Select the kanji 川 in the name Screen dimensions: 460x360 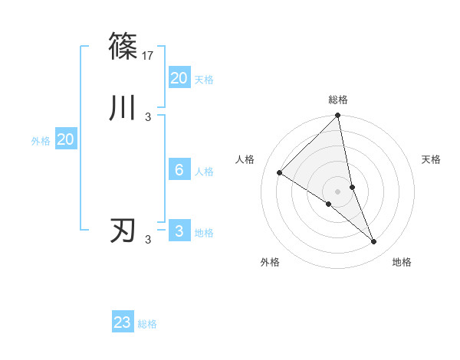point(123,108)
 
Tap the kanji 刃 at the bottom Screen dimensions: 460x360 point(123,231)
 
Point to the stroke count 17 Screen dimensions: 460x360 point(149,55)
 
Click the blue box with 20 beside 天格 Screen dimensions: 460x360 point(179,77)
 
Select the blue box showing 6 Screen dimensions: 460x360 point(179,170)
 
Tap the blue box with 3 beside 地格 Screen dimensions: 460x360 point(179,231)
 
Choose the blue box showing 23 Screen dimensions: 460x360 point(123,322)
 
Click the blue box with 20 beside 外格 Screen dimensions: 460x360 point(65,139)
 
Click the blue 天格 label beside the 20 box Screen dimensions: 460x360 point(204,79)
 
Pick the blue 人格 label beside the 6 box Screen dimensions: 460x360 point(204,172)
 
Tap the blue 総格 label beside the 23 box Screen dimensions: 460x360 point(147,324)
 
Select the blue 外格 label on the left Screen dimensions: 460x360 point(41,141)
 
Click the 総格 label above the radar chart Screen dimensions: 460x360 point(338,100)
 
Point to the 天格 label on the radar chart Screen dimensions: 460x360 point(432,159)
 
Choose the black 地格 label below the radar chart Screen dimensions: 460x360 point(402,262)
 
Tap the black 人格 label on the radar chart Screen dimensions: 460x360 point(245,159)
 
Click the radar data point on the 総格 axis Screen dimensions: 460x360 point(338,116)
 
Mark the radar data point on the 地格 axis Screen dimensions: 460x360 point(374,242)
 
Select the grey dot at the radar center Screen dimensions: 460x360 point(338,191)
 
